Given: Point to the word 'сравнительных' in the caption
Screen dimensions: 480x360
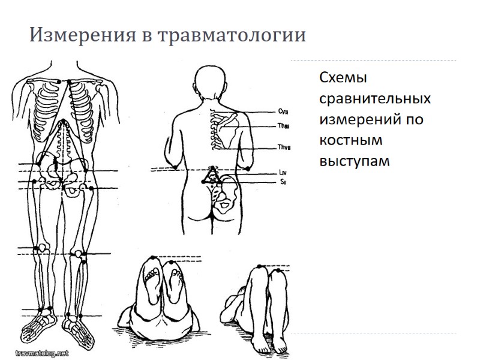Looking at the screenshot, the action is point(374,98).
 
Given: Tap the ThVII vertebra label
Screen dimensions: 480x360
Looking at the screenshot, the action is point(284,148).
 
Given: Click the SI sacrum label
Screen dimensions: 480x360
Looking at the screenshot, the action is point(282,181).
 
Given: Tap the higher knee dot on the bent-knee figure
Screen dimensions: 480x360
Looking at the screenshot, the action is point(259,266).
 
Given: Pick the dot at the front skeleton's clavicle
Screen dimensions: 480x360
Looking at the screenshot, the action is point(58,81).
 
